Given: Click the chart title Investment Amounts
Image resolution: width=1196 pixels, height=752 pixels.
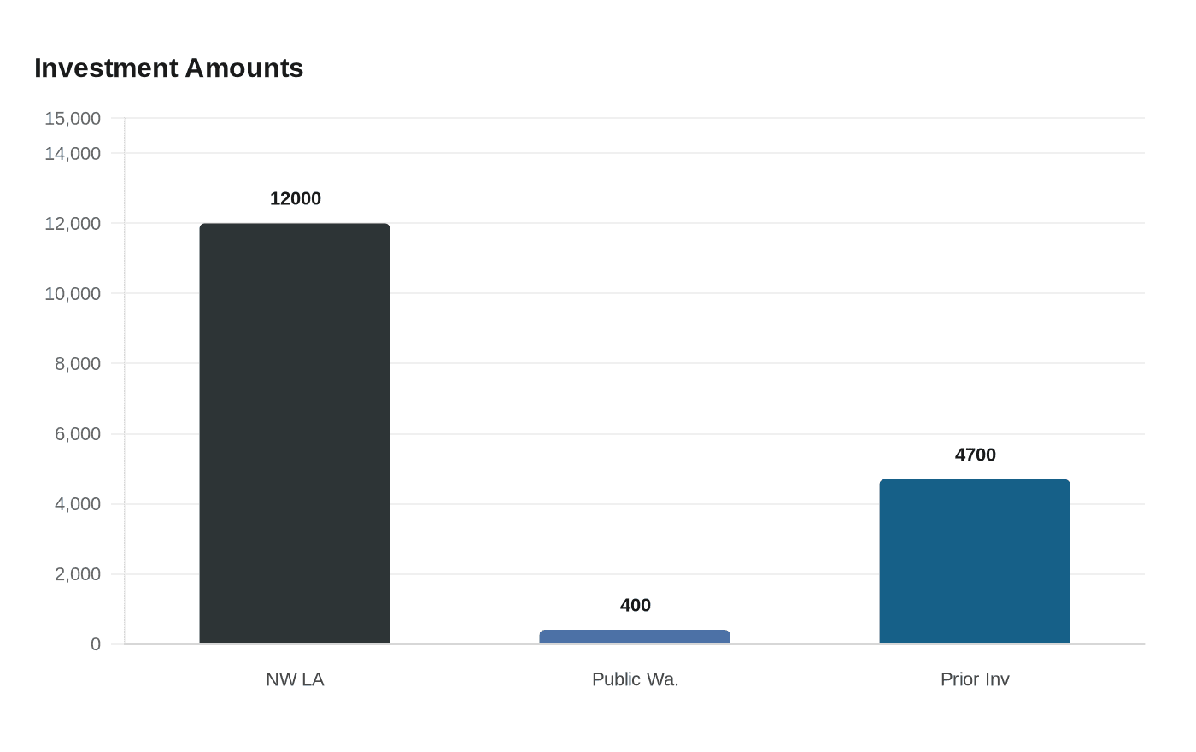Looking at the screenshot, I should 168,68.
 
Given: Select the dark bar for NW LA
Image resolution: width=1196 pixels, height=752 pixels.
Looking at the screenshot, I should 295,433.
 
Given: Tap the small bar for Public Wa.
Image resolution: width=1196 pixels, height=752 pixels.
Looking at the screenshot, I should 635,637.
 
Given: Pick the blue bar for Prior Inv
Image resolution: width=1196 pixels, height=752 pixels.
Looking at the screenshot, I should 975,561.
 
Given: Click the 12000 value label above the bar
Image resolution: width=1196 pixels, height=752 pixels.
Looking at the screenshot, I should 296,198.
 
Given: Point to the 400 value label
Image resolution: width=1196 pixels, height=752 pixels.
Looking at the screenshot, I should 636,605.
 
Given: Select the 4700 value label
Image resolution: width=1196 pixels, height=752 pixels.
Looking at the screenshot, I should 976,455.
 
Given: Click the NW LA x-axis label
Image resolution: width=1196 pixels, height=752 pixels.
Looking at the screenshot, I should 295,679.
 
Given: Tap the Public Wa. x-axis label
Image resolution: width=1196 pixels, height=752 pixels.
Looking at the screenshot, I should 635,679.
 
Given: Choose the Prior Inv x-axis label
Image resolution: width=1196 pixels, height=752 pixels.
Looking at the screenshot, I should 975,679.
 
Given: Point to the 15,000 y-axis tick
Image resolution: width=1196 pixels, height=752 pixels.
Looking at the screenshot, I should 73,118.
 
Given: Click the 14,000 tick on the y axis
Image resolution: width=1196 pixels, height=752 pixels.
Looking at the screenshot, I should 73,153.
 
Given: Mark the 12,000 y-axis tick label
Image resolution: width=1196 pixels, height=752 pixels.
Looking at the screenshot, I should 73,223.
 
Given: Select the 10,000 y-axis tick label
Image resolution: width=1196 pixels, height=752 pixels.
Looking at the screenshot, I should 73,293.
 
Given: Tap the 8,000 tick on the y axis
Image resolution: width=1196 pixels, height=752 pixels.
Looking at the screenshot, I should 78,363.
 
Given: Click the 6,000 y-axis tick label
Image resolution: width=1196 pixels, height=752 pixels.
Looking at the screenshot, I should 78,434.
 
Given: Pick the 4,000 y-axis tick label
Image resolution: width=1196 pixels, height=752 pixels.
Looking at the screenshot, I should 78,504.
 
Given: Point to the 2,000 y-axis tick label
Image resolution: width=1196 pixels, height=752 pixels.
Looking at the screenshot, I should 78,574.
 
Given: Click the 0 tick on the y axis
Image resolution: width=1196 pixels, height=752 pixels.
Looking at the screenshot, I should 96,644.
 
